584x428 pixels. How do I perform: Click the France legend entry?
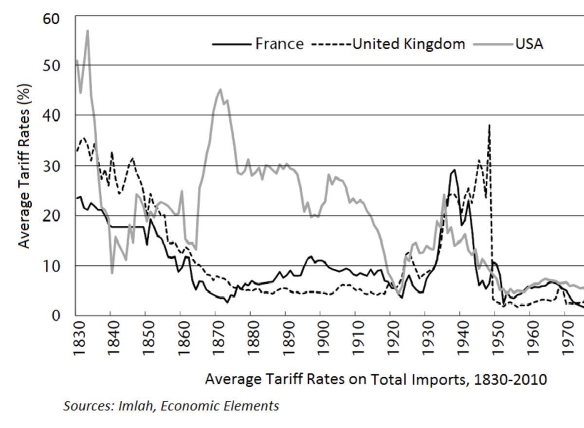coord(279,44)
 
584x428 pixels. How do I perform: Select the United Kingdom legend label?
coord(408,44)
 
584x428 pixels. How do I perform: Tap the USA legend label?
coord(529,44)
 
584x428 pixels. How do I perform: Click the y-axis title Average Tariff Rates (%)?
coord(24,166)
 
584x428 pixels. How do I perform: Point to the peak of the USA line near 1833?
coord(88,31)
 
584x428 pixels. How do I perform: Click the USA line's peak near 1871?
coord(220,89)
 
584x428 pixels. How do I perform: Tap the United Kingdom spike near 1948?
coord(489,126)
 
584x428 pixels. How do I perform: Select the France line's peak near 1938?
coord(455,170)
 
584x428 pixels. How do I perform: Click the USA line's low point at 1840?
coord(112,273)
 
